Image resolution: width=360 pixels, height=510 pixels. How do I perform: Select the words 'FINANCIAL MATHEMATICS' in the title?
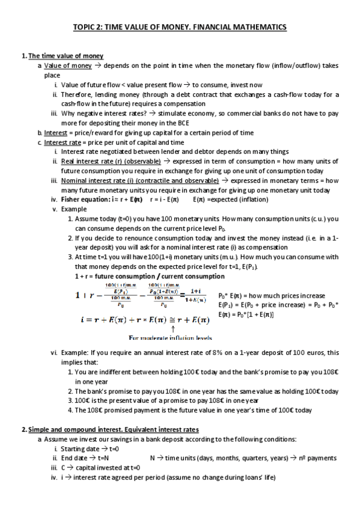[x=239, y=27]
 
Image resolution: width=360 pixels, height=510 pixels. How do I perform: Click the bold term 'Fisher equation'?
[x=83, y=199]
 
